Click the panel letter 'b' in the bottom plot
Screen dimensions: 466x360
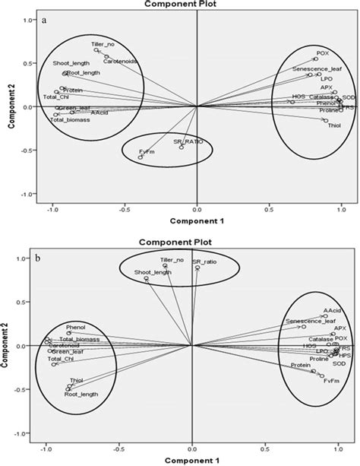(46, 258)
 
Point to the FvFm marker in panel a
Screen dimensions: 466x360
(141, 157)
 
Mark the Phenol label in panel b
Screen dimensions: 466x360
(76, 327)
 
